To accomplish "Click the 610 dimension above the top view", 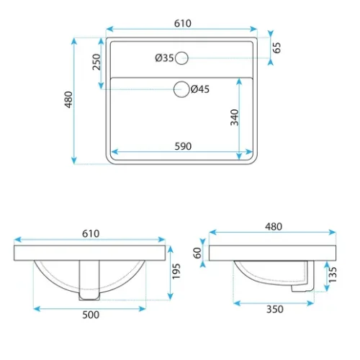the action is coord(183,23).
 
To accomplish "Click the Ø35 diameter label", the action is coord(164,58).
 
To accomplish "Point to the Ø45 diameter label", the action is coord(200,89).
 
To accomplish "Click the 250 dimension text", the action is coord(96,62).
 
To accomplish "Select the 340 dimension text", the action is coord(235,117).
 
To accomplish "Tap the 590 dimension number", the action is coord(183,146).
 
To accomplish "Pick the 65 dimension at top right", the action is coord(276,48).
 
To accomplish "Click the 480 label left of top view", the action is coord(68,99).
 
